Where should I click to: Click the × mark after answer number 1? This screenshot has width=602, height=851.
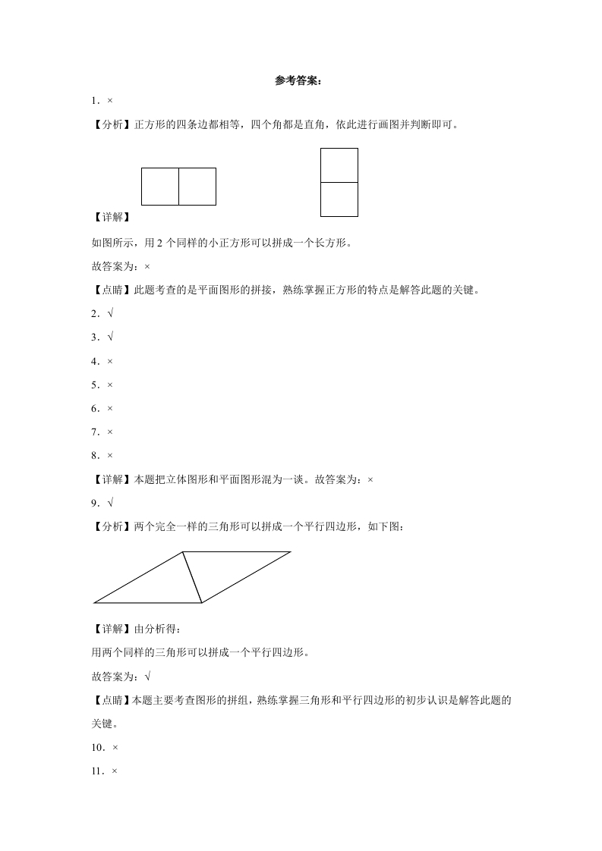point(110,100)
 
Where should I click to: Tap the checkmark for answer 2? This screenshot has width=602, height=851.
point(110,313)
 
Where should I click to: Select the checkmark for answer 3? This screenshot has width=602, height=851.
point(110,337)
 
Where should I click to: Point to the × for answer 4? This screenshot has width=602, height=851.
point(110,361)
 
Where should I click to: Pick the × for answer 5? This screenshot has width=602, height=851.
point(110,385)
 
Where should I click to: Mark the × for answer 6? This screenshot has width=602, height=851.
point(110,408)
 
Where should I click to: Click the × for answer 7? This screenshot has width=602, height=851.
point(110,432)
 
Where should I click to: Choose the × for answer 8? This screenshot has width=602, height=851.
point(110,455)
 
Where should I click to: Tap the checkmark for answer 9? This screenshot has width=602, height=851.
point(110,503)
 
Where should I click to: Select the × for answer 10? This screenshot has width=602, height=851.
point(115,747)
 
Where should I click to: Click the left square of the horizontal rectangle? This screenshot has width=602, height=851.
point(160,187)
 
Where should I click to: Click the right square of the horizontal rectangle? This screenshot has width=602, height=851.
point(197,187)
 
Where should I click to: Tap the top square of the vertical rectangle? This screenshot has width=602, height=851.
point(339,165)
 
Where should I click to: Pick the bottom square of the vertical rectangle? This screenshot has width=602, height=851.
point(339,199)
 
